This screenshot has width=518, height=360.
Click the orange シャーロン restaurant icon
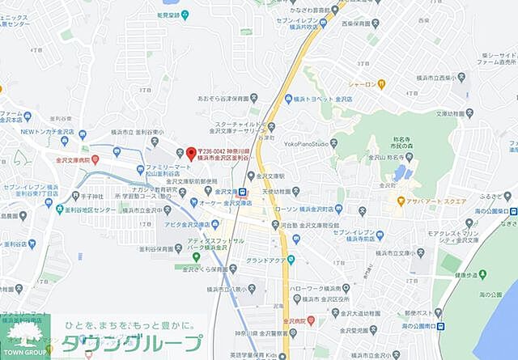tap(380, 84)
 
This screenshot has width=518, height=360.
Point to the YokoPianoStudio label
tap(306, 143)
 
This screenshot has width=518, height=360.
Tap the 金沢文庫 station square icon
tap(242, 192)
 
